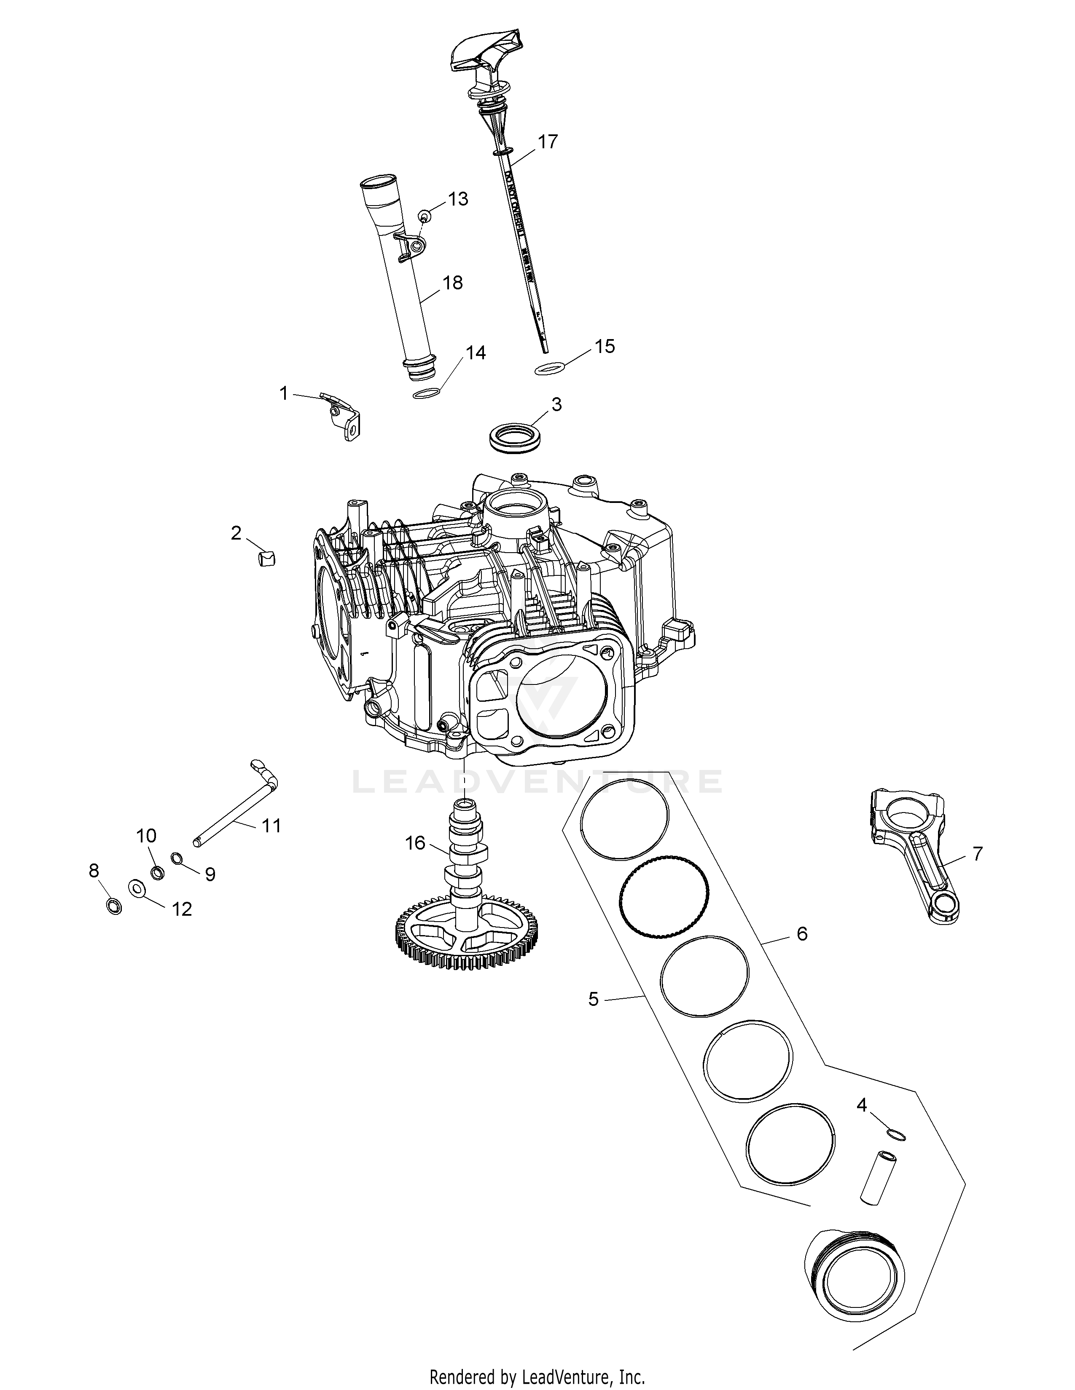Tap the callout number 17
[x=547, y=141]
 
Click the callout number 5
[x=593, y=999]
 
